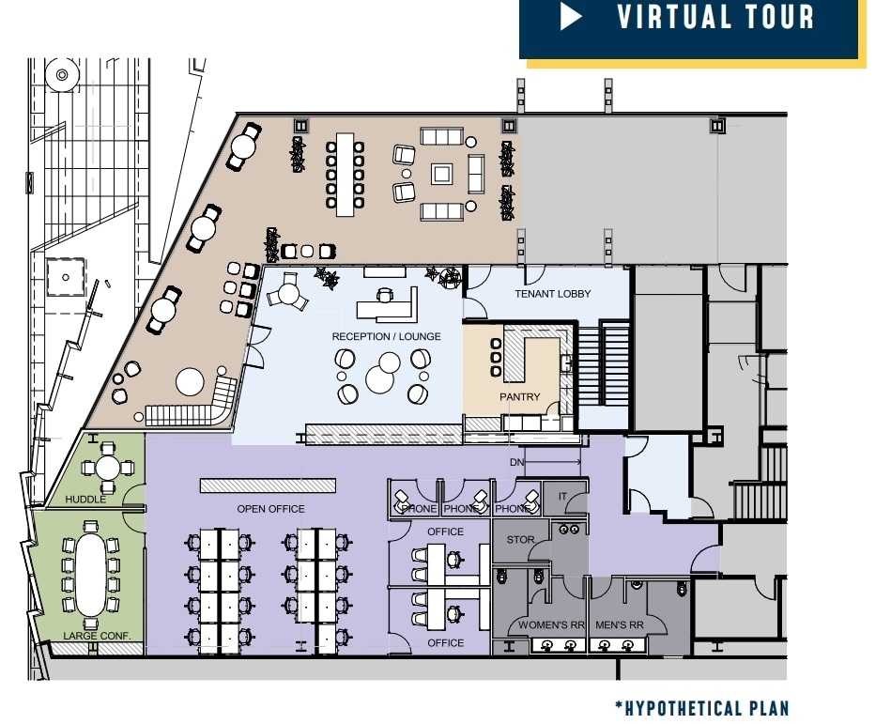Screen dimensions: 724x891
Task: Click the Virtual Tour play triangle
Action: point(572,18)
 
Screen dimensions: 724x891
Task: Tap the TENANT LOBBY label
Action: point(553,294)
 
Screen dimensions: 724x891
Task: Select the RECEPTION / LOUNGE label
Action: point(386,336)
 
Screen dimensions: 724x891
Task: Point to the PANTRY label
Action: point(519,397)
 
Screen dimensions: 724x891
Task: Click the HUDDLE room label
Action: point(85,500)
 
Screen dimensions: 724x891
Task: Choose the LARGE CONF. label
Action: point(89,636)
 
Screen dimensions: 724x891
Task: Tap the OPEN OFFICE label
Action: point(270,509)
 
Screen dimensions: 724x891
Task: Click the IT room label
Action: point(563,497)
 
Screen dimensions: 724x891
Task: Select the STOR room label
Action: point(520,540)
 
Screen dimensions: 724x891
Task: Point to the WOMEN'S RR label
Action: point(551,625)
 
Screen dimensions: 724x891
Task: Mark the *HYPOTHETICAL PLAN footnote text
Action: point(701,707)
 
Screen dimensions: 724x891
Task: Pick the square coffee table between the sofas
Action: point(441,174)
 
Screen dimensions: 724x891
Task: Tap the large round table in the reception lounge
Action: point(383,378)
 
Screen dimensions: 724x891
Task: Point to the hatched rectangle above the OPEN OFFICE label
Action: point(268,485)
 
